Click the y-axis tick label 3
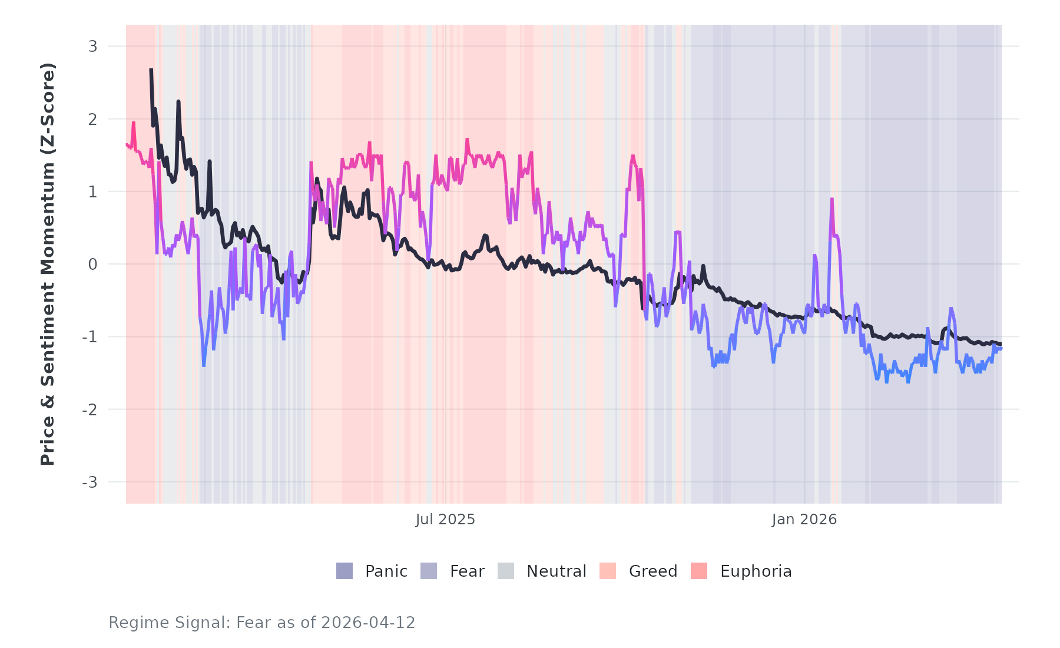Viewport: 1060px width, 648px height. pos(92,47)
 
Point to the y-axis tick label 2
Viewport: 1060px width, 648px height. pos(92,119)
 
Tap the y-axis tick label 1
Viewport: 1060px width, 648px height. pos(92,191)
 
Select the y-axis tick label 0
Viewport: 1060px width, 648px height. pos(92,265)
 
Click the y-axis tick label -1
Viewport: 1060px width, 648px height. pos(90,337)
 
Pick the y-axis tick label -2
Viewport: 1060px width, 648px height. pos(90,409)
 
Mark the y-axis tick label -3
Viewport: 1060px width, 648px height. pos(90,482)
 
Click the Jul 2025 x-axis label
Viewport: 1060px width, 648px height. pos(445,520)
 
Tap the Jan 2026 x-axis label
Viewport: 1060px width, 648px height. pos(804,520)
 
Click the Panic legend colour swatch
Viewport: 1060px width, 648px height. pos(344,571)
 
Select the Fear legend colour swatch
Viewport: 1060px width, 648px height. pos(429,571)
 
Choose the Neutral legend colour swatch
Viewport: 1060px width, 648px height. pos(506,571)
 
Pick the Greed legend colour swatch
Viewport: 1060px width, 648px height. pos(608,571)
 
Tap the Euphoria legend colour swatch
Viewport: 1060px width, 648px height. pos(699,571)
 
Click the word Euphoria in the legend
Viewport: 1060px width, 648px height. pos(756,571)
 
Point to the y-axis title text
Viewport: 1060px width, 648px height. pos(48,264)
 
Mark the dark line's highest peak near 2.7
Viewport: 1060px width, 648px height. pos(151,70)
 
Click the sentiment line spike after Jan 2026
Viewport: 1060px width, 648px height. pos(832,200)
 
